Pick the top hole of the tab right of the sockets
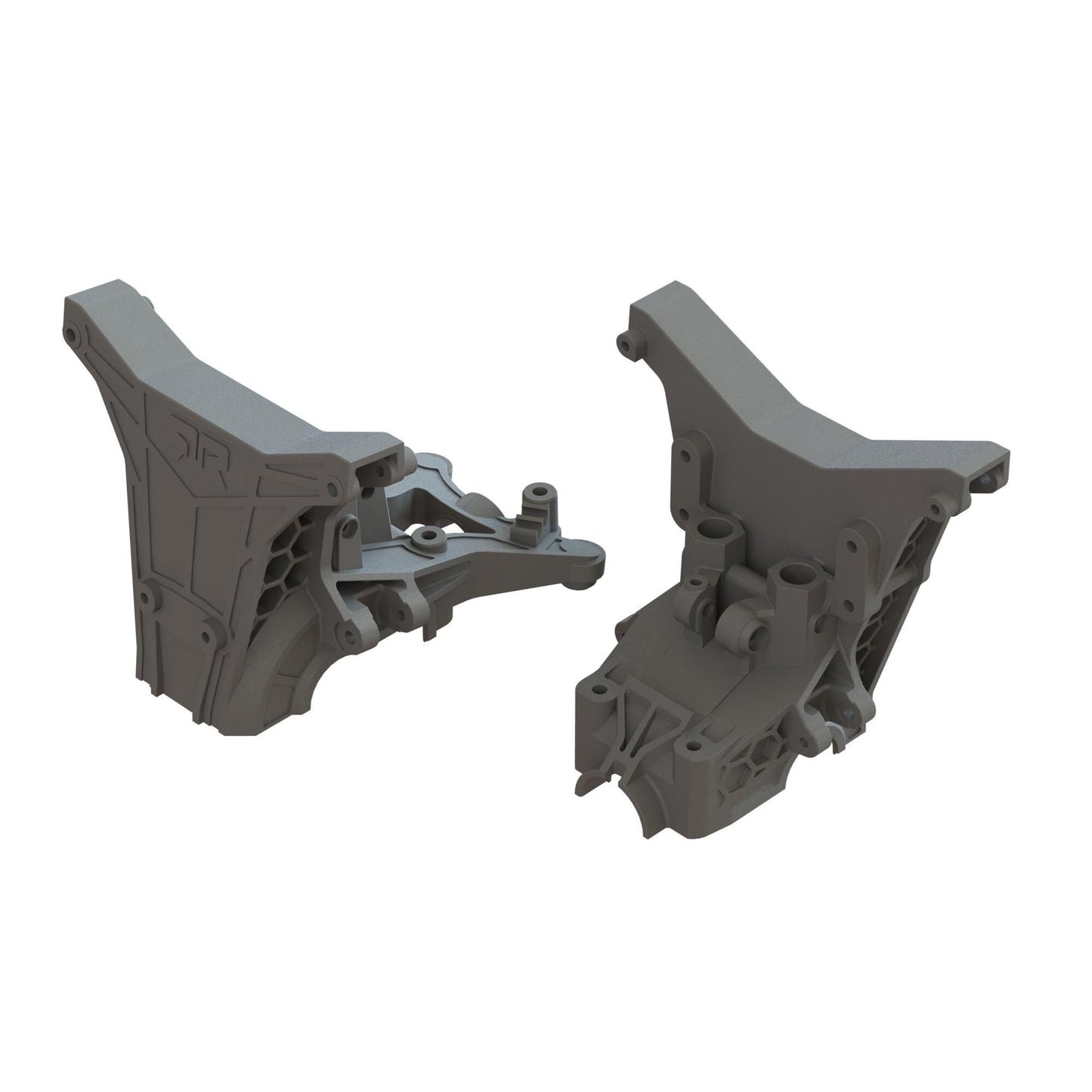click(x=853, y=543)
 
